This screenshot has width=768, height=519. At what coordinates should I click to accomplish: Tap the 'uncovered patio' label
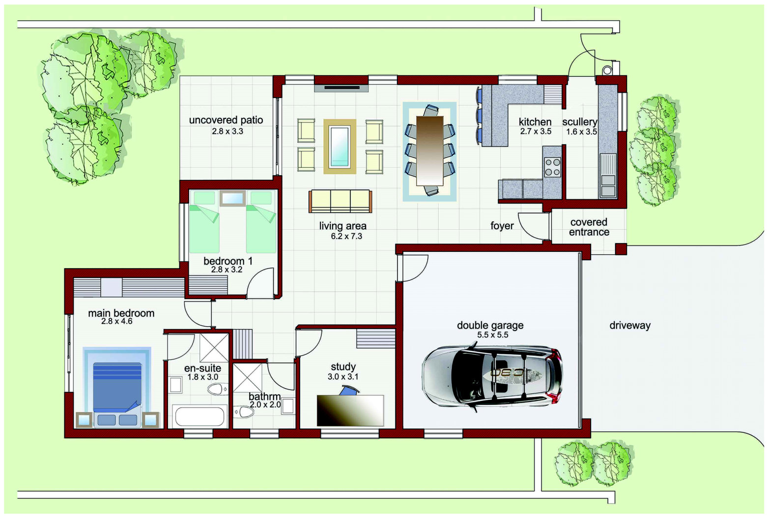coord(226,120)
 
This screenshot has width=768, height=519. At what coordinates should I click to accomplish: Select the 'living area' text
coord(343,226)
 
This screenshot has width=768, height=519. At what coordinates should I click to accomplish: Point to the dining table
coord(430,151)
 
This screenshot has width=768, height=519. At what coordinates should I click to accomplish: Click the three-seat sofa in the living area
coord(341,202)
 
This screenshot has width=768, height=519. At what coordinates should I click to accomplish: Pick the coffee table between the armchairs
coord(340,147)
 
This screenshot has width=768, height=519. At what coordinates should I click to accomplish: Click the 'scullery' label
coord(580,122)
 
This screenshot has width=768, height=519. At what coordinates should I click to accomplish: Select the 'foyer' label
coord(502,226)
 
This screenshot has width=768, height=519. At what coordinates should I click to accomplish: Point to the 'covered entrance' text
coord(589,227)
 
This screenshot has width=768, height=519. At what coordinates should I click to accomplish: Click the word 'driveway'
coord(630,325)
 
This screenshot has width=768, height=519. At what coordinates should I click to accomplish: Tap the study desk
coord(350,411)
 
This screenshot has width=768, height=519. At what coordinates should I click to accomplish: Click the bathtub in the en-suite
coord(200,416)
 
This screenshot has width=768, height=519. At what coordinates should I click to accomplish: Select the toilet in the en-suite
coord(217,390)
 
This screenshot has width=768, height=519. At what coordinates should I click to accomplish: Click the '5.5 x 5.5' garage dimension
coord(493,335)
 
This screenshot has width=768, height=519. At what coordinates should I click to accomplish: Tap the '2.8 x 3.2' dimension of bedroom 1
coord(227,270)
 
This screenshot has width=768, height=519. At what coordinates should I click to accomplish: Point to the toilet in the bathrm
coord(244,412)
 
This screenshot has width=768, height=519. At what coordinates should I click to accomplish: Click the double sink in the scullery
coord(608,186)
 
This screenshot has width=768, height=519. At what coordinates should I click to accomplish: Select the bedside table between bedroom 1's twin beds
coord(232,198)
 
